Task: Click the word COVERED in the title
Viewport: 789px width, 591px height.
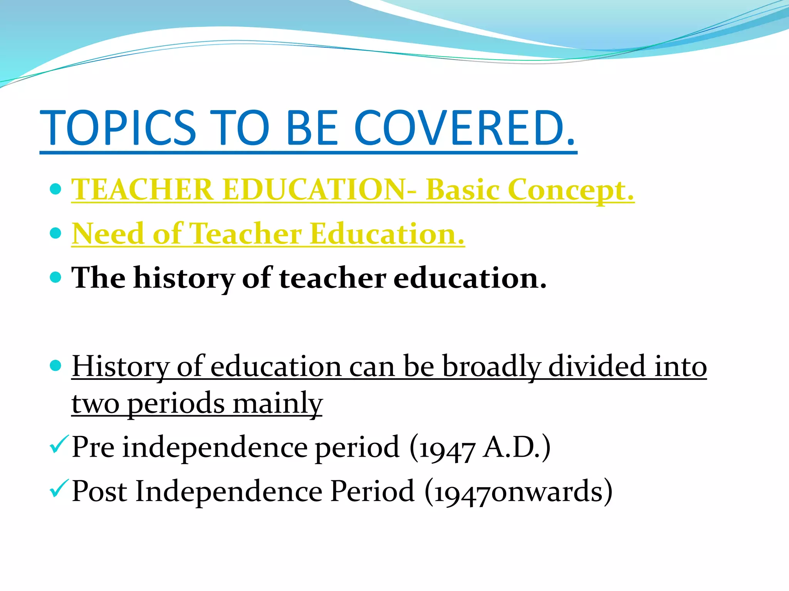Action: pos(464,128)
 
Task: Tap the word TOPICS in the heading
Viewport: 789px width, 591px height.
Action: pos(118,128)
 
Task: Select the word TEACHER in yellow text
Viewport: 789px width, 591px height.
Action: pos(142,190)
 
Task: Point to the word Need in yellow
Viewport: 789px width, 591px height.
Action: pos(107,234)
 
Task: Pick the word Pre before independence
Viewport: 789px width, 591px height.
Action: pos(93,447)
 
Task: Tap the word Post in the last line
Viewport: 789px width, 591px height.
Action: pos(99,491)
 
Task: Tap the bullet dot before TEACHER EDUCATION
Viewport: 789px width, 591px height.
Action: pos(56,189)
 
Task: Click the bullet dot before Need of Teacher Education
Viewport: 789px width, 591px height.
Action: pos(56,233)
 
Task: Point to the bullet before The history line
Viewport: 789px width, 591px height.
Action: pos(56,277)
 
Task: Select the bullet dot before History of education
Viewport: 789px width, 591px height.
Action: pos(56,366)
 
